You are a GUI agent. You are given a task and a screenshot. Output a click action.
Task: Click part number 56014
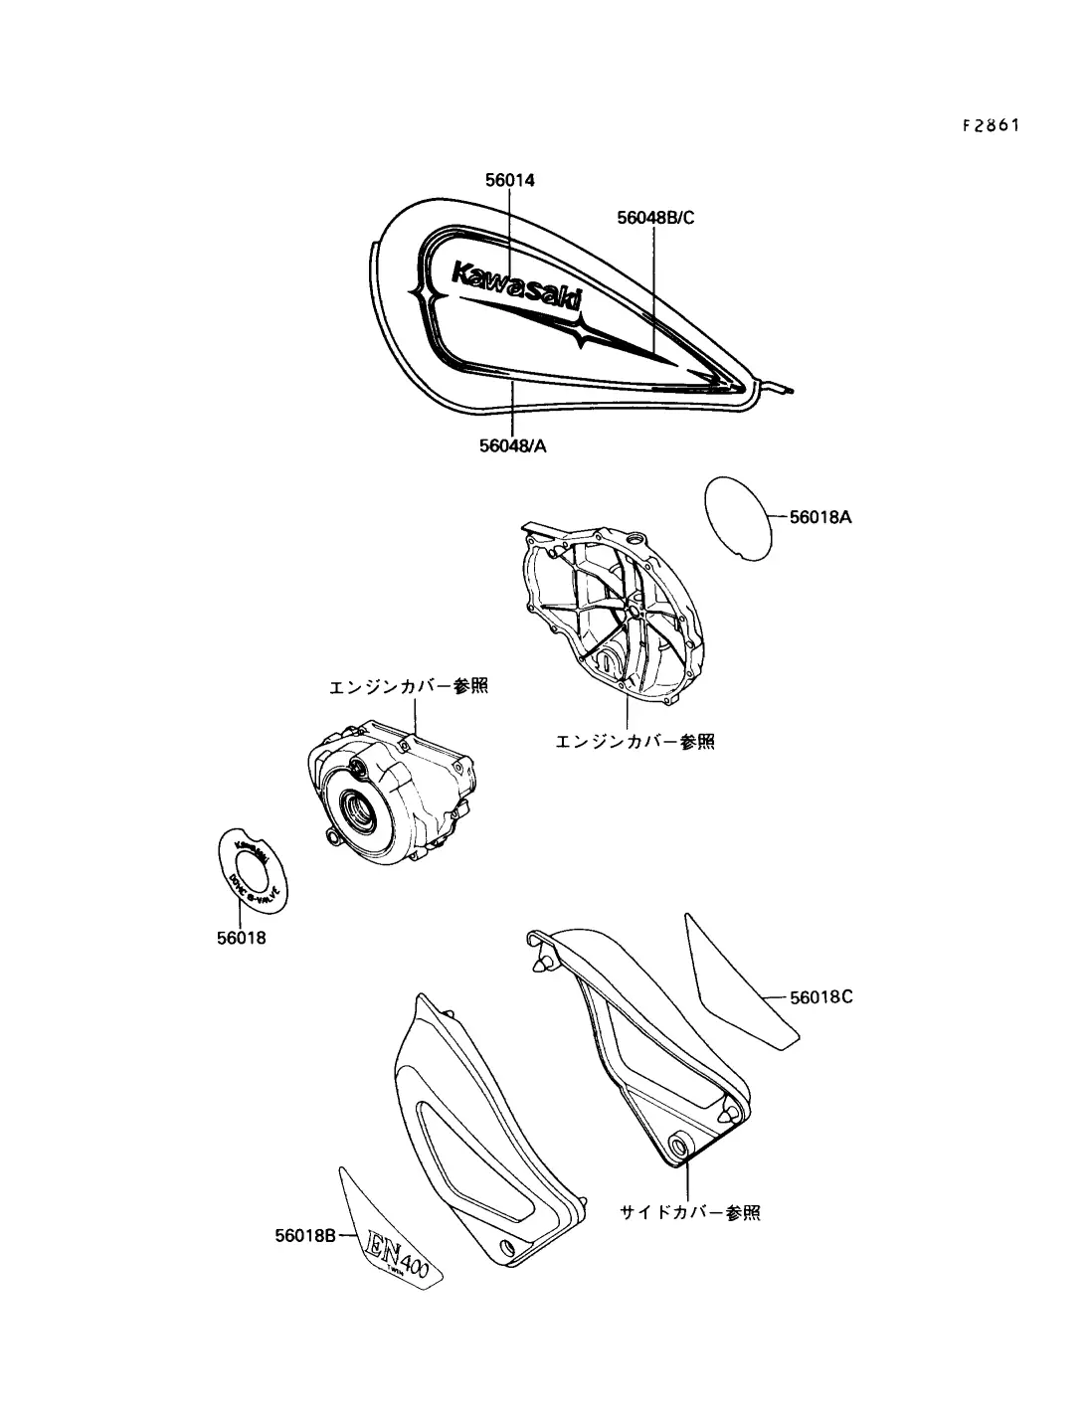510,180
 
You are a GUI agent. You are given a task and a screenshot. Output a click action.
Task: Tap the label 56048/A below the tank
513,446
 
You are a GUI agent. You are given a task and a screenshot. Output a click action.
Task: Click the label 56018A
820,517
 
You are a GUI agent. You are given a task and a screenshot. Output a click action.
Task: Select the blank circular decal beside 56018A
737,515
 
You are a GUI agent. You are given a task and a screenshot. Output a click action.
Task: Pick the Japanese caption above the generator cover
410,687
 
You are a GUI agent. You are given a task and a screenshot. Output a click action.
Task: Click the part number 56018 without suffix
242,937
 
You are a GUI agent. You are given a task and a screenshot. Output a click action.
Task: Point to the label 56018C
821,995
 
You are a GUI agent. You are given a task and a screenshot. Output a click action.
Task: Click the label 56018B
307,1236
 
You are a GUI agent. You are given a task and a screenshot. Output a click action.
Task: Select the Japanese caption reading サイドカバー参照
690,1213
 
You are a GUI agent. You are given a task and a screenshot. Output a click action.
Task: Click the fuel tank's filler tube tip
787,389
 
